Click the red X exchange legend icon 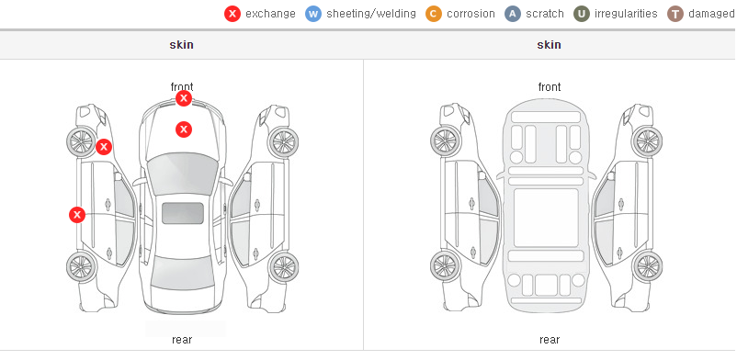click(232, 14)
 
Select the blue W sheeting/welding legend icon click(313, 14)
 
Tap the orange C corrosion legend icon click(434, 14)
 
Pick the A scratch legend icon click(513, 14)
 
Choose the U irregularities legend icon click(582, 14)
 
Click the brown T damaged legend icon click(675, 14)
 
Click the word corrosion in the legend click(471, 14)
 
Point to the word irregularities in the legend click(626, 14)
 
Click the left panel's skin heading click(181, 45)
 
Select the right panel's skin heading click(549, 45)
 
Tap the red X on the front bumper click(184, 98)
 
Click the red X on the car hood click(184, 129)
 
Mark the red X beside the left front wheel click(104, 147)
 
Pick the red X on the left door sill click(77, 215)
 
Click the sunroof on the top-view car click(183, 213)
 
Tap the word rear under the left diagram click(182, 340)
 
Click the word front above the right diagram click(550, 87)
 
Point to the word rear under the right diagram click(550, 340)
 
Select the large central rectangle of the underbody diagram click(546, 218)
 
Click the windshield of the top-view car click(182, 173)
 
